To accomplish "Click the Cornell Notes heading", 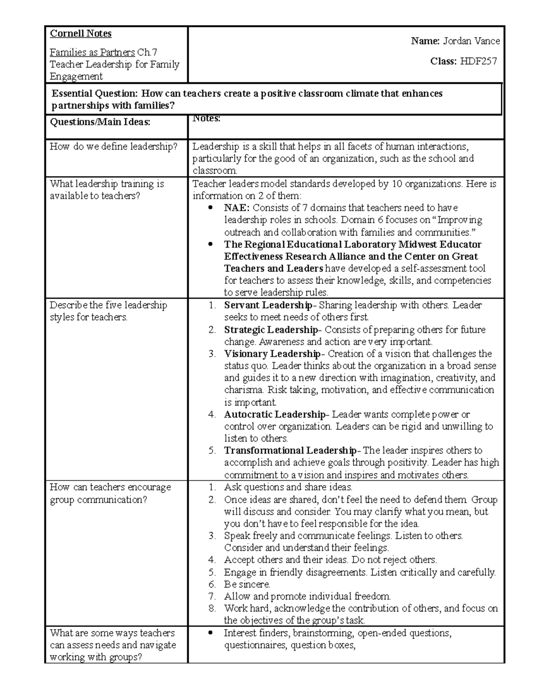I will (81, 34).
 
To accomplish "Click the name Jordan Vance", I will (471, 41).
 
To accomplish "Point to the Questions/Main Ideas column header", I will (99, 122).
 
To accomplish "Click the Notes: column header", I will (206, 119).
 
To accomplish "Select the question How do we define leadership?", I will (114, 146).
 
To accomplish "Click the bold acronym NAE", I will (237, 208).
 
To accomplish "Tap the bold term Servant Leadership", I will (268, 305).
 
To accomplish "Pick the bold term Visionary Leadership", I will (272, 354).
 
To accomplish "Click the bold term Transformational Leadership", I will (290, 451).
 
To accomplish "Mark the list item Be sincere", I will (247, 584).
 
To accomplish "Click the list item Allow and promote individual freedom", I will (307, 597).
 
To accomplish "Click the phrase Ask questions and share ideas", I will (288, 487).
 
